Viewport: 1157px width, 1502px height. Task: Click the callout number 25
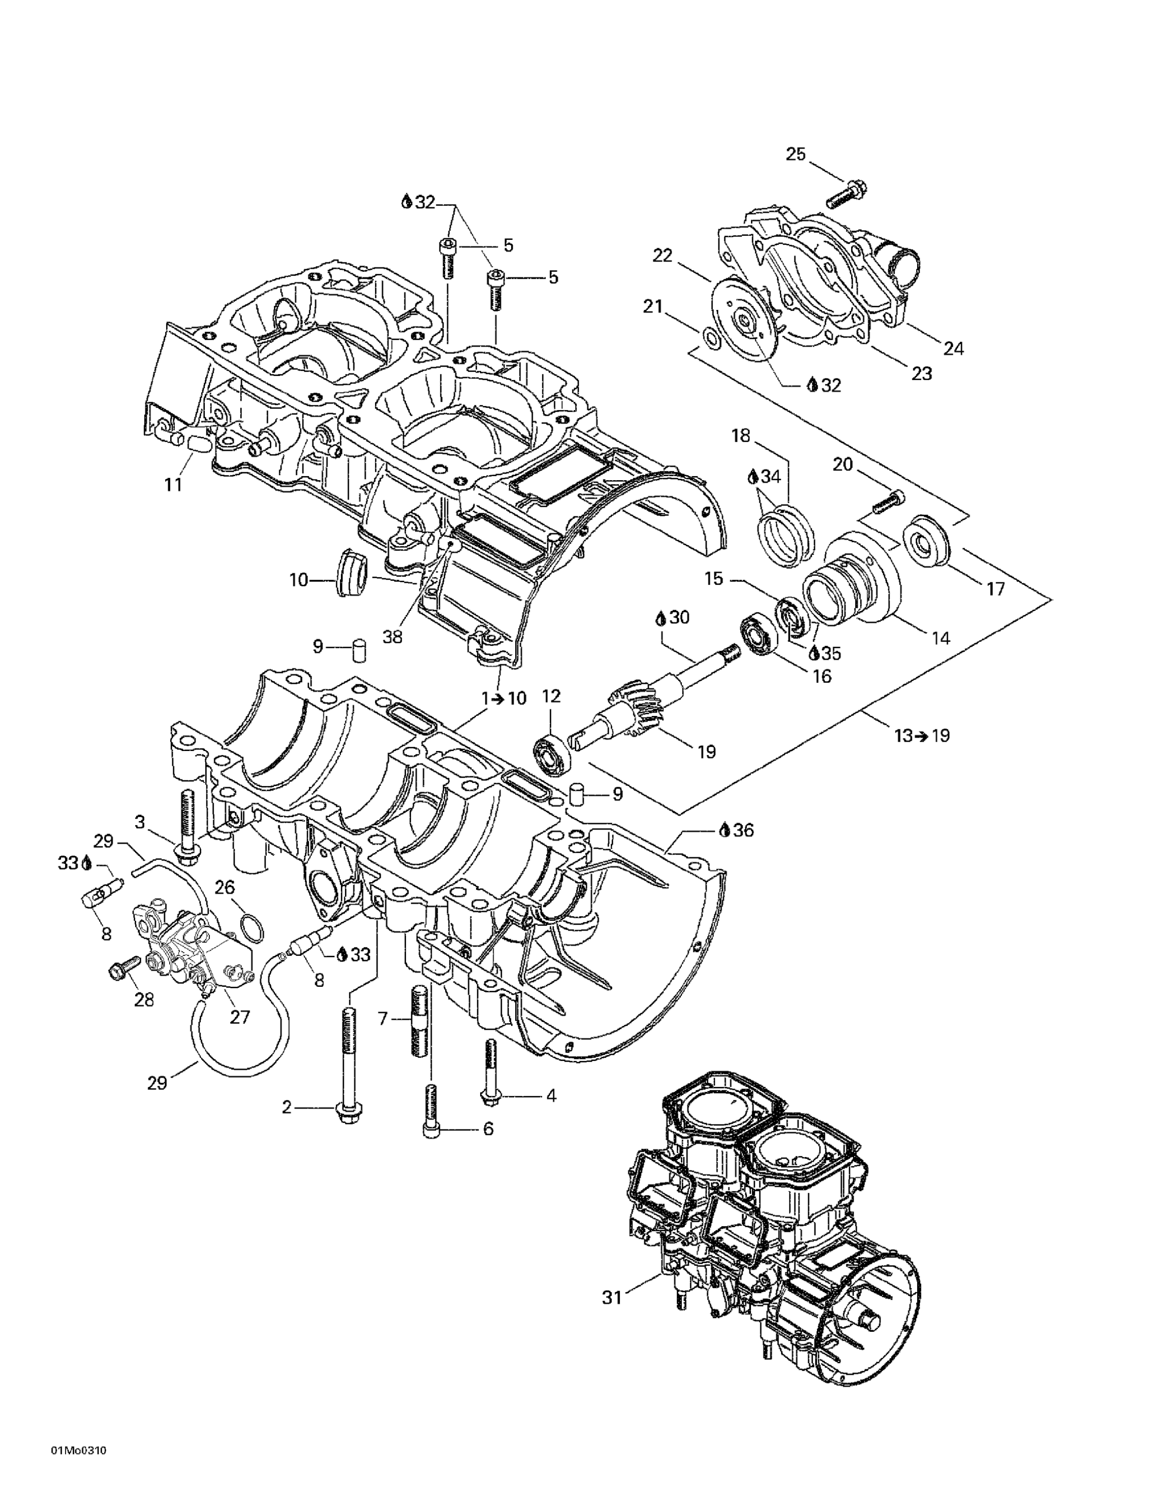(795, 154)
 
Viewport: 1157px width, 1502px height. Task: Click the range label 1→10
(504, 699)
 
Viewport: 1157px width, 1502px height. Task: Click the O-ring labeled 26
(252, 929)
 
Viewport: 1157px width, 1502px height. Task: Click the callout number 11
(173, 485)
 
